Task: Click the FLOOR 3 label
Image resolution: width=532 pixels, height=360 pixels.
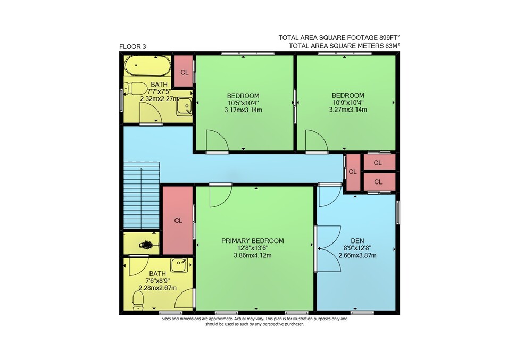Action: click(x=132, y=47)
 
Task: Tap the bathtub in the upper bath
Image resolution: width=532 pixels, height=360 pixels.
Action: click(x=147, y=66)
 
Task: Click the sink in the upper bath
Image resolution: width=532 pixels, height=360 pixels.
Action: click(x=184, y=106)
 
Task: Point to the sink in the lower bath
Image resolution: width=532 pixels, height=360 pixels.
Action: click(x=179, y=265)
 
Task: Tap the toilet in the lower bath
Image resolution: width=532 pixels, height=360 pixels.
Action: click(x=138, y=300)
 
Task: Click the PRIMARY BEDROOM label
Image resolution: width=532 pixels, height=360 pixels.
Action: click(x=252, y=241)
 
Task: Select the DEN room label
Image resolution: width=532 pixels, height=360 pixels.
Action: click(x=358, y=241)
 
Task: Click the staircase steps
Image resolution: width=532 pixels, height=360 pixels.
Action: click(x=141, y=196)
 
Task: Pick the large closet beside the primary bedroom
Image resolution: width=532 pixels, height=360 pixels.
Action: click(x=178, y=220)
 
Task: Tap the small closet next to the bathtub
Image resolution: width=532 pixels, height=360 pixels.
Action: click(x=184, y=71)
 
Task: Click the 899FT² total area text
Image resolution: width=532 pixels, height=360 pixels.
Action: click(x=389, y=37)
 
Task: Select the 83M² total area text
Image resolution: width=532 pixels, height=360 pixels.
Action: click(x=392, y=46)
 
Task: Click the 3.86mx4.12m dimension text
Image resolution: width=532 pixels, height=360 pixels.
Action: click(x=252, y=256)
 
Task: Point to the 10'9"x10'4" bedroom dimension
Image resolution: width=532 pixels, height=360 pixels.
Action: click(x=348, y=103)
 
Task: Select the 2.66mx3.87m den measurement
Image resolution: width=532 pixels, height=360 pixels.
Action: click(x=358, y=256)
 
